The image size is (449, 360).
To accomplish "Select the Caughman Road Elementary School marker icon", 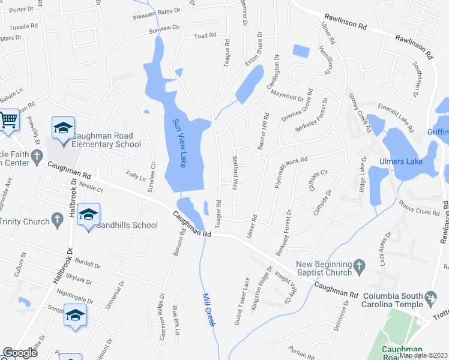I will click(x=63, y=129).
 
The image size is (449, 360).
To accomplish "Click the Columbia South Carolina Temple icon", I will click(x=430, y=297).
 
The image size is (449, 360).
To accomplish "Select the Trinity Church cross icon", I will click(x=57, y=220).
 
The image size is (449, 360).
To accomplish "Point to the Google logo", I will click(x=20, y=353).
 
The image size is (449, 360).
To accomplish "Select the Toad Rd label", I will click(x=205, y=36).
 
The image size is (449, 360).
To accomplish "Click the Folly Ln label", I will click(x=134, y=177).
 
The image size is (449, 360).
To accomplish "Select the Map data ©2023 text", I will click(x=424, y=355).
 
